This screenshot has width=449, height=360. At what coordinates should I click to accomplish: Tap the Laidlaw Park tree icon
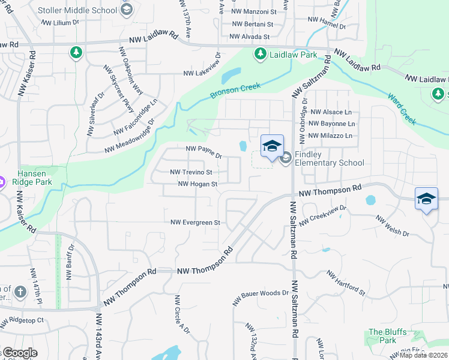pyautogui.click(x=261, y=55)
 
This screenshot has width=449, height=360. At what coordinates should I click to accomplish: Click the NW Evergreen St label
pyautogui.click(x=196, y=222)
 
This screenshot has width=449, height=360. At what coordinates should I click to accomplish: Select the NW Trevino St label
pyautogui.click(x=191, y=172)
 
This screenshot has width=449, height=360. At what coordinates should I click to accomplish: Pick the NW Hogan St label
pyautogui.click(x=197, y=184)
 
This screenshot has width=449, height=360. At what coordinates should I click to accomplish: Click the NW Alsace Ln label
pyautogui.click(x=331, y=112)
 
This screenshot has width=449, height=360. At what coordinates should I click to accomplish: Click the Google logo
pyautogui.click(x=19, y=353)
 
